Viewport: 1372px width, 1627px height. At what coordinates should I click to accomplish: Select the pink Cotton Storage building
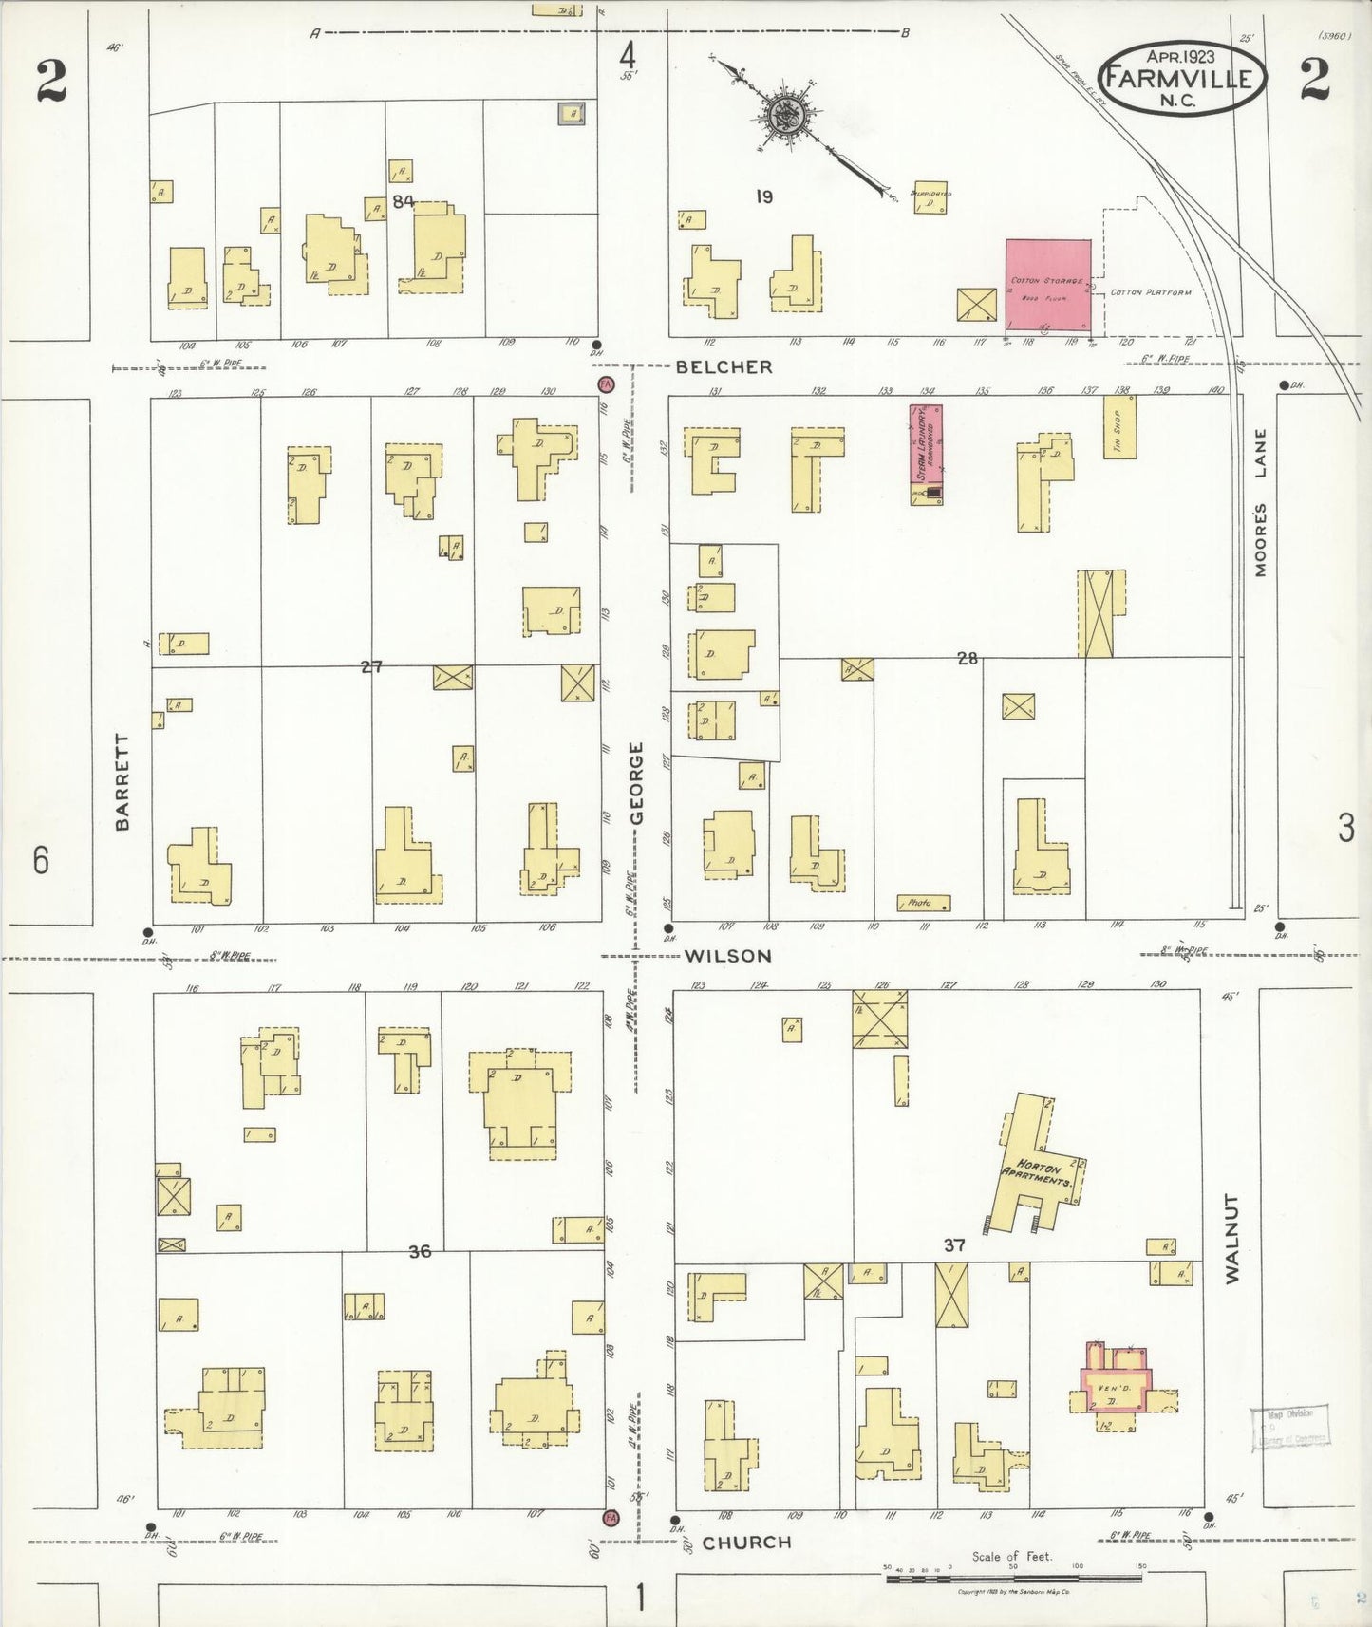point(1047,286)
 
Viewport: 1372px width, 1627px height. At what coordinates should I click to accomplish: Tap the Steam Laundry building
point(926,446)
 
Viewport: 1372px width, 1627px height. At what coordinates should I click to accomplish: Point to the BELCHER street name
point(724,366)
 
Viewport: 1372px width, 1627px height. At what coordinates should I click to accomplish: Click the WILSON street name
point(728,956)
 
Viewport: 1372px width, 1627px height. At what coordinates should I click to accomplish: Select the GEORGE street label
point(637,783)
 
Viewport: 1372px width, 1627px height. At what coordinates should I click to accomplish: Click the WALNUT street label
point(1232,1239)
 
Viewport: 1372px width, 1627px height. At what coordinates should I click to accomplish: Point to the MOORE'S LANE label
point(1260,503)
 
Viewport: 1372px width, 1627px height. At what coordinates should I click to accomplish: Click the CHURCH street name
point(746,1542)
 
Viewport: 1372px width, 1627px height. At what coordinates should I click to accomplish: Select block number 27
point(371,666)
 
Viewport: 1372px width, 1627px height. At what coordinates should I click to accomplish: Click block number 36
point(420,1251)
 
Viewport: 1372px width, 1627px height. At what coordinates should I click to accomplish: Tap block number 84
point(404,200)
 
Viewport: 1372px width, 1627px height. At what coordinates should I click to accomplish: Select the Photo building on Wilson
point(923,903)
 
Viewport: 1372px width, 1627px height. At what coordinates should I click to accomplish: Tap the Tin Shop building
point(1118,426)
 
